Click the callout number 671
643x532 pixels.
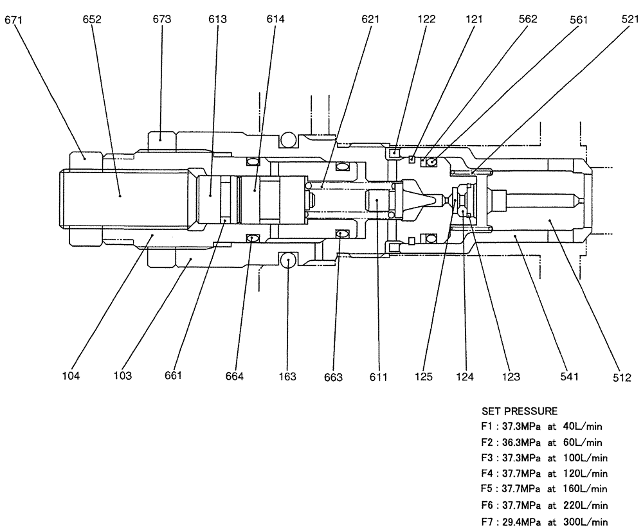click(14, 19)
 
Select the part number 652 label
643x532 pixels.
click(92, 19)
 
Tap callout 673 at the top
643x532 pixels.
click(162, 19)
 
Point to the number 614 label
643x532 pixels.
click(275, 19)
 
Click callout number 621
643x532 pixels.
click(370, 19)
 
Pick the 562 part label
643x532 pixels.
click(527, 19)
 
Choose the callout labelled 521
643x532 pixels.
click(630, 19)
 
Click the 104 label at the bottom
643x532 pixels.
click(71, 375)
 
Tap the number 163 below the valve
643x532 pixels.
click(287, 377)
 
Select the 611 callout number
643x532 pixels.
click(378, 377)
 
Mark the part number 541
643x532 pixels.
click(569, 377)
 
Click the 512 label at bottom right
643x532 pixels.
click(622, 378)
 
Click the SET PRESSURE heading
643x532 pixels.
click(520, 411)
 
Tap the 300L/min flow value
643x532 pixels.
click(585, 522)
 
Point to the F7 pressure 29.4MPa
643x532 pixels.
click(521, 522)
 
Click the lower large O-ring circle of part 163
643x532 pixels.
click(288, 260)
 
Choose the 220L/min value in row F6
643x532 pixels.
click(585, 506)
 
